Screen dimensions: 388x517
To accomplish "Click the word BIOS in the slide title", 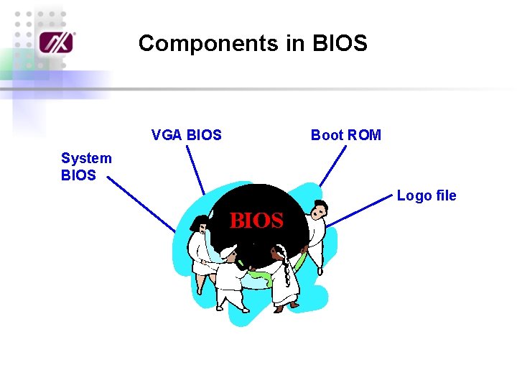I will click(340, 44).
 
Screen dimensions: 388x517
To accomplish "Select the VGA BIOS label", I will click(187, 135).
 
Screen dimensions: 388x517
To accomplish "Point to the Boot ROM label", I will click(345, 135).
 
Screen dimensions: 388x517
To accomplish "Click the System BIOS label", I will click(86, 167).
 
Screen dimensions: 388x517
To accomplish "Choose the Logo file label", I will click(427, 195).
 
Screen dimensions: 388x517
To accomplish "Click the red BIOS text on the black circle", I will click(256, 221).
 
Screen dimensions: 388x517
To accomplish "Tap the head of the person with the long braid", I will click(279, 253).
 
